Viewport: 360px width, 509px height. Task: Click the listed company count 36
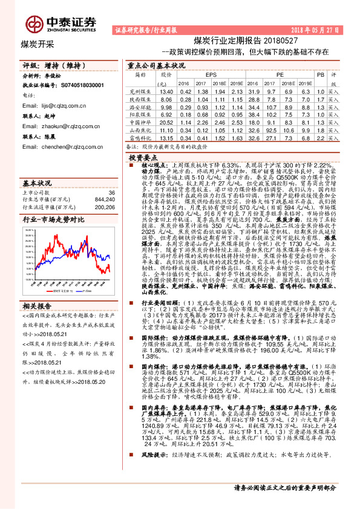tap(111, 191)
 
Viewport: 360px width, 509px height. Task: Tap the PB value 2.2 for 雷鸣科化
tap(321, 137)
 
